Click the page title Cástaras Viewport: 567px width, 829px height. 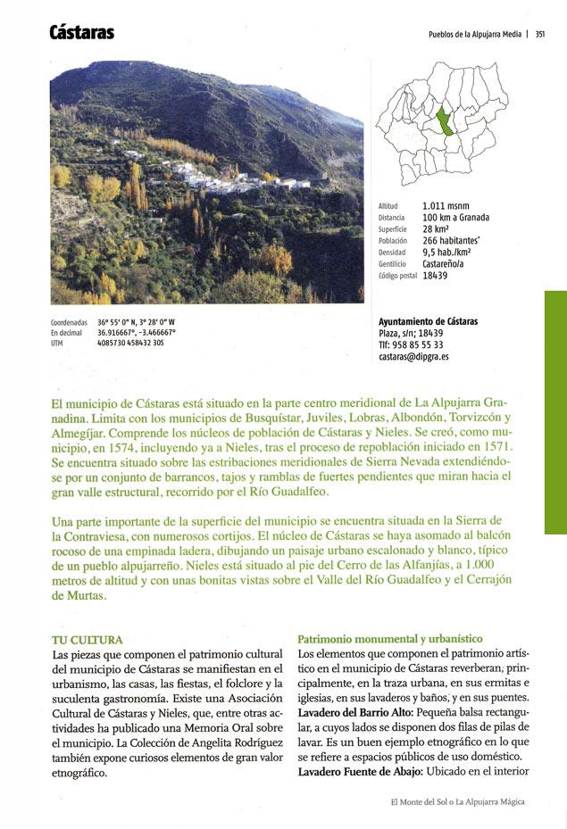coord(81,33)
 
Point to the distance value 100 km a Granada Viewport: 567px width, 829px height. coord(455,218)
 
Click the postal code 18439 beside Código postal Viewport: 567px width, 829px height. coord(435,276)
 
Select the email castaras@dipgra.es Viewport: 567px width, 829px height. coord(413,356)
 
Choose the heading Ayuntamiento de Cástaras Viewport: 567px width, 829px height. coord(428,321)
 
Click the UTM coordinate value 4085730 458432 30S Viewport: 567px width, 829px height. coord(130,342)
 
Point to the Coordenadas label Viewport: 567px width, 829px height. coord(69,321)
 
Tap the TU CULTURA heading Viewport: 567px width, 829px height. coord(87,640)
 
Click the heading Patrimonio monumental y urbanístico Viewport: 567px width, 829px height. coord(389,639)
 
